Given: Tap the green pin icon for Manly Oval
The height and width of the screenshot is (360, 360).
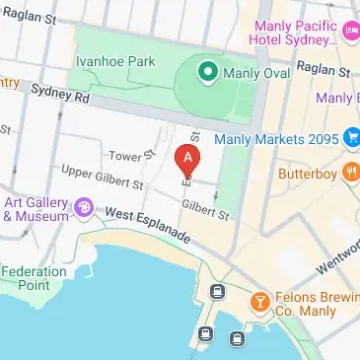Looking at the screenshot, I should tap(208, 71).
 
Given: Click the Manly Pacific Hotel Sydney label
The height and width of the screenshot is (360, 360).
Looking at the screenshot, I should tap(295, 33).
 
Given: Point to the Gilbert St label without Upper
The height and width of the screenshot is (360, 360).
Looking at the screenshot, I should tap(206, 209).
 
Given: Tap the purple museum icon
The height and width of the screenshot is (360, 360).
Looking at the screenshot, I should tap(85, 208).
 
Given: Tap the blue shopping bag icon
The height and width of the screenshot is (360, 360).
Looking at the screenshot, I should tap(350, 140).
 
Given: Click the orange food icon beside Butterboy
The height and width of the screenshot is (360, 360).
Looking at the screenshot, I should tap(351, 175).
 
